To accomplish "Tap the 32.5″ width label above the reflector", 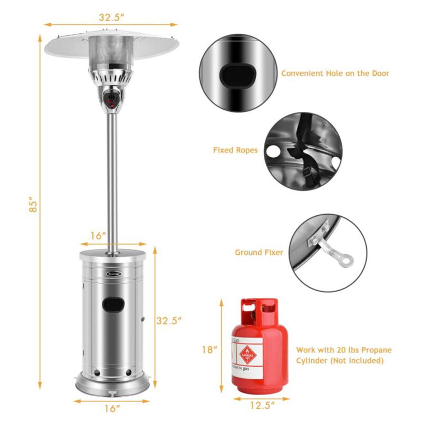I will click(x=111, y=17).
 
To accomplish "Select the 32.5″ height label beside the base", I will click(x=169, y=320).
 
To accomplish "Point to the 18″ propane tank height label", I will click(x=209, y=349).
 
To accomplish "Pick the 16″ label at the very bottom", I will click(x=111, y=408).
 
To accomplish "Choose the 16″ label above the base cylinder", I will click(x=98, y=236).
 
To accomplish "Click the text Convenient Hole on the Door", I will click(x=335, y=73).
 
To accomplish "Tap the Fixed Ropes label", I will click(x=235, y=150).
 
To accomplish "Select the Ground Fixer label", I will click(x=258, y=253).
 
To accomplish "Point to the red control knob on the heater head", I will click(x=111, y=98).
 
